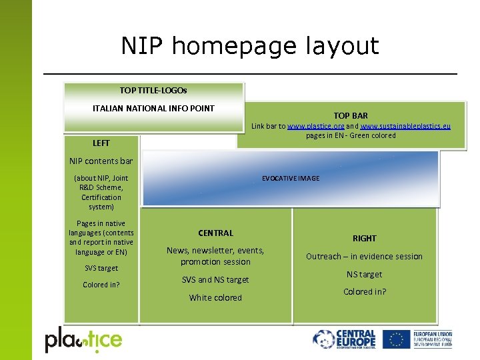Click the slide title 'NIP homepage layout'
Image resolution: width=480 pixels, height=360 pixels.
(250, 46)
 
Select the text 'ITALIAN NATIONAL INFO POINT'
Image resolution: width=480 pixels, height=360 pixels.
(153, 108)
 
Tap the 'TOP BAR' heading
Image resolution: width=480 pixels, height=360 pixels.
(351, 115)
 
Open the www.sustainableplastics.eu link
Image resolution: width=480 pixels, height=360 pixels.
(405, 126)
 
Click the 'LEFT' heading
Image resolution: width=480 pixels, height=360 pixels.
(101, 143)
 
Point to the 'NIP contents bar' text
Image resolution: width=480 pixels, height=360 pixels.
(101, 161)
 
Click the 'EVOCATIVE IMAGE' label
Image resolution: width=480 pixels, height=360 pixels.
(291, 179)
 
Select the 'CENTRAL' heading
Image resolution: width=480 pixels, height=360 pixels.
(215, 233)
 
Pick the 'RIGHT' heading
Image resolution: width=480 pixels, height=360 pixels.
(365, 238)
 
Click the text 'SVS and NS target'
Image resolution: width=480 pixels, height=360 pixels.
(215, 280)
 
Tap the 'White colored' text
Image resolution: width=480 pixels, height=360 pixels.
(215, 298)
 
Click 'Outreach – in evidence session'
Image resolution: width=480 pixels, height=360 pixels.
(364, 257)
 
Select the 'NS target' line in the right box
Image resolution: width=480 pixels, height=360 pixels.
(365, 274)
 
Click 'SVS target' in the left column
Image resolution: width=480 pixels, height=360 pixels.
(101, 268)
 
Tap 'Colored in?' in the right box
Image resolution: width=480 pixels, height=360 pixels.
(365, 292)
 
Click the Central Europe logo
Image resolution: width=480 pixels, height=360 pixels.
(345, 339)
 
